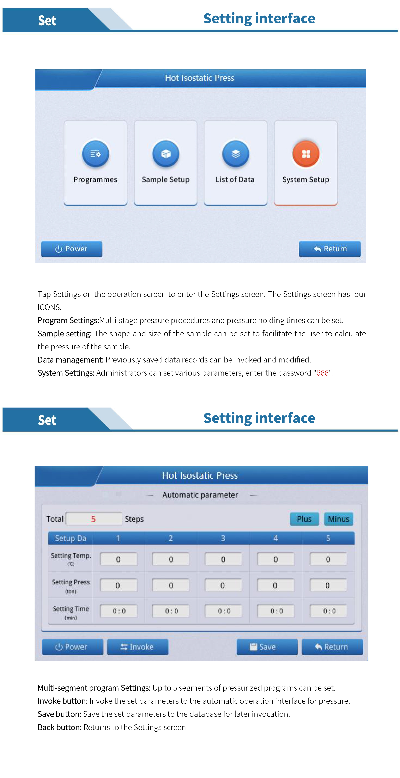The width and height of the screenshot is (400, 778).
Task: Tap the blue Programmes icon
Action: [x=96, y=154]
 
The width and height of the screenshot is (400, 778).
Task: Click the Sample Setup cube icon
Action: [x=166, y=154]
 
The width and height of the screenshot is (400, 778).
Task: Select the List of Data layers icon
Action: [x=236, y=154]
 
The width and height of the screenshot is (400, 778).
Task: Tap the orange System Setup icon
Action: [x=306, y=154]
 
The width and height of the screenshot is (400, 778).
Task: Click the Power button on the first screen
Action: [x=72, y=249]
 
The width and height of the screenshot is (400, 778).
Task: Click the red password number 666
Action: [x=322, y=373]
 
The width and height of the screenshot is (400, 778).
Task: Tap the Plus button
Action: [x=304, y=519]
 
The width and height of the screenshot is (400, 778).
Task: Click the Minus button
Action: [x=338, y=519]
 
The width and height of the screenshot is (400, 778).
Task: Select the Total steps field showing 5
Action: [x=94, y=519]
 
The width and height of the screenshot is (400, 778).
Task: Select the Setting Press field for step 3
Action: [x=223, y=585]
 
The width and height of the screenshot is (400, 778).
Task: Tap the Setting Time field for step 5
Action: [x=328, y=611]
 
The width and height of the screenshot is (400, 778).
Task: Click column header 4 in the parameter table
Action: [x=275, y=538]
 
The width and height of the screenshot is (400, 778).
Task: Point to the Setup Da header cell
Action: [x=70, y=538]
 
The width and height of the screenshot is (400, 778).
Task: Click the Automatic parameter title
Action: [x=200, y=495]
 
